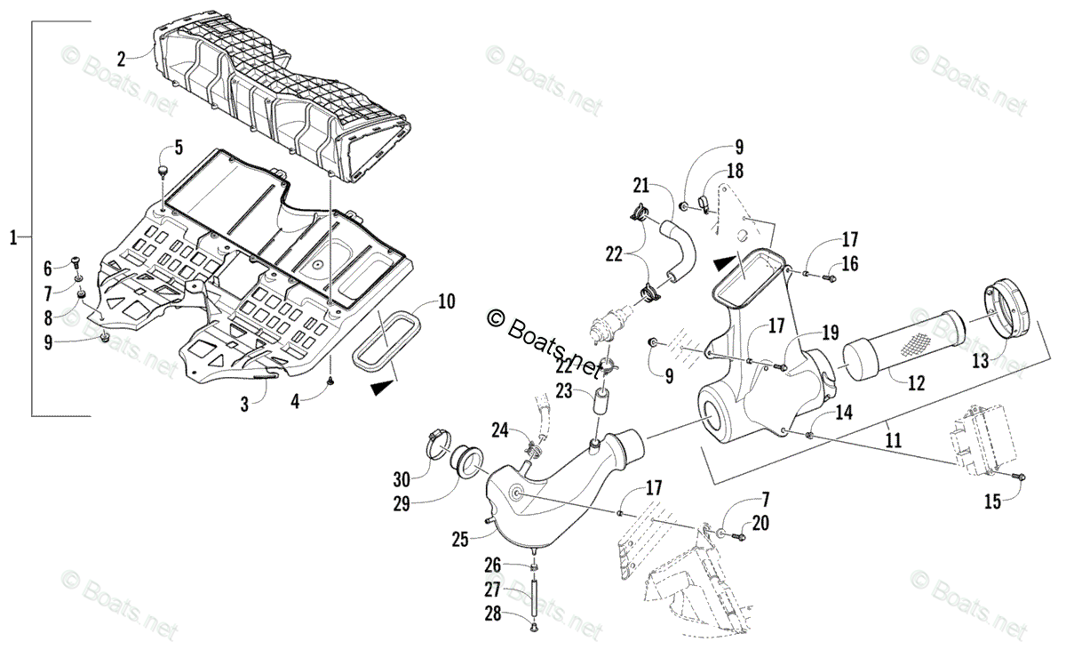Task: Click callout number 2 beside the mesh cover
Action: click(122, 60)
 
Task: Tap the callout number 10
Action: click(446, 301)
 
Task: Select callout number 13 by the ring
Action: click(981, 360)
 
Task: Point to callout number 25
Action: click(459, 538)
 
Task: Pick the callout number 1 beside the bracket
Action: click(13, 237)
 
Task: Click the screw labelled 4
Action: click(330, 381)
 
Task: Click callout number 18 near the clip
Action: click(736, 172)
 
